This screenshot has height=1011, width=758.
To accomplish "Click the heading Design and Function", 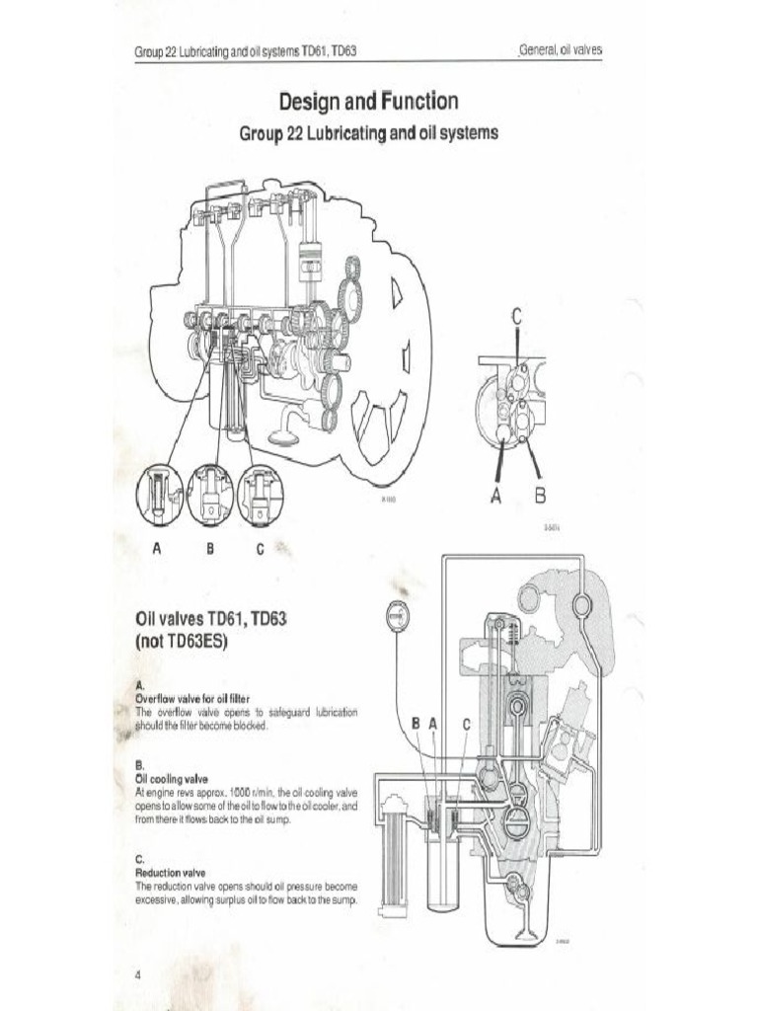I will tap(368, 102).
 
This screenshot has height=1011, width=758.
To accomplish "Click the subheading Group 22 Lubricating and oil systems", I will tap(369, 133).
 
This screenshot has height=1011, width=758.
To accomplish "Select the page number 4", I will tap(138, 974).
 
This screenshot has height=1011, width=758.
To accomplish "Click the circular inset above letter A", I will tap(159, 494).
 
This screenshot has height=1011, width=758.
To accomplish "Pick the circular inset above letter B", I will tap(209, 494).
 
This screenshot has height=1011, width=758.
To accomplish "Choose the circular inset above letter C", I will tap(260, 494).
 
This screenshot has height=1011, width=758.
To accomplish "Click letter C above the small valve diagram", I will tap(515, 317).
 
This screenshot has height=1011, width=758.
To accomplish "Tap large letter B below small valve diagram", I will tap(540, 493).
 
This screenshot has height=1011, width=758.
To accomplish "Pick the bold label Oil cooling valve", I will tap(171, 779).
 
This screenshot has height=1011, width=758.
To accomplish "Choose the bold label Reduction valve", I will tap(170, 873).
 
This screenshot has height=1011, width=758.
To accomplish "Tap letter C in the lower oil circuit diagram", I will tap(467, 724).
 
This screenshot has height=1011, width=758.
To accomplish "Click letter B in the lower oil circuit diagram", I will tap(416, 724).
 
